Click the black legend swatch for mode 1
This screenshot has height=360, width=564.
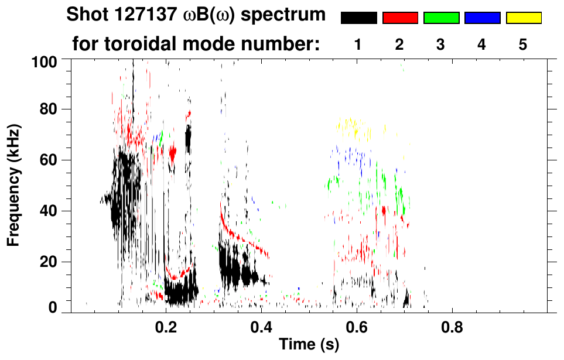pos(359,18)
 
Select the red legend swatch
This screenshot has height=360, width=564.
pos(400,18)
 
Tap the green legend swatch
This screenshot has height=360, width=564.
pos(441,18)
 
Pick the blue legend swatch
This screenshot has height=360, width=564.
pos(482,18)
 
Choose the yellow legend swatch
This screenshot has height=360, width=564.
pos(524,18)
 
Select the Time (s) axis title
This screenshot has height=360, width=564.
pos(309,345)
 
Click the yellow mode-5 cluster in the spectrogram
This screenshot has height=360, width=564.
pos(353,127)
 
